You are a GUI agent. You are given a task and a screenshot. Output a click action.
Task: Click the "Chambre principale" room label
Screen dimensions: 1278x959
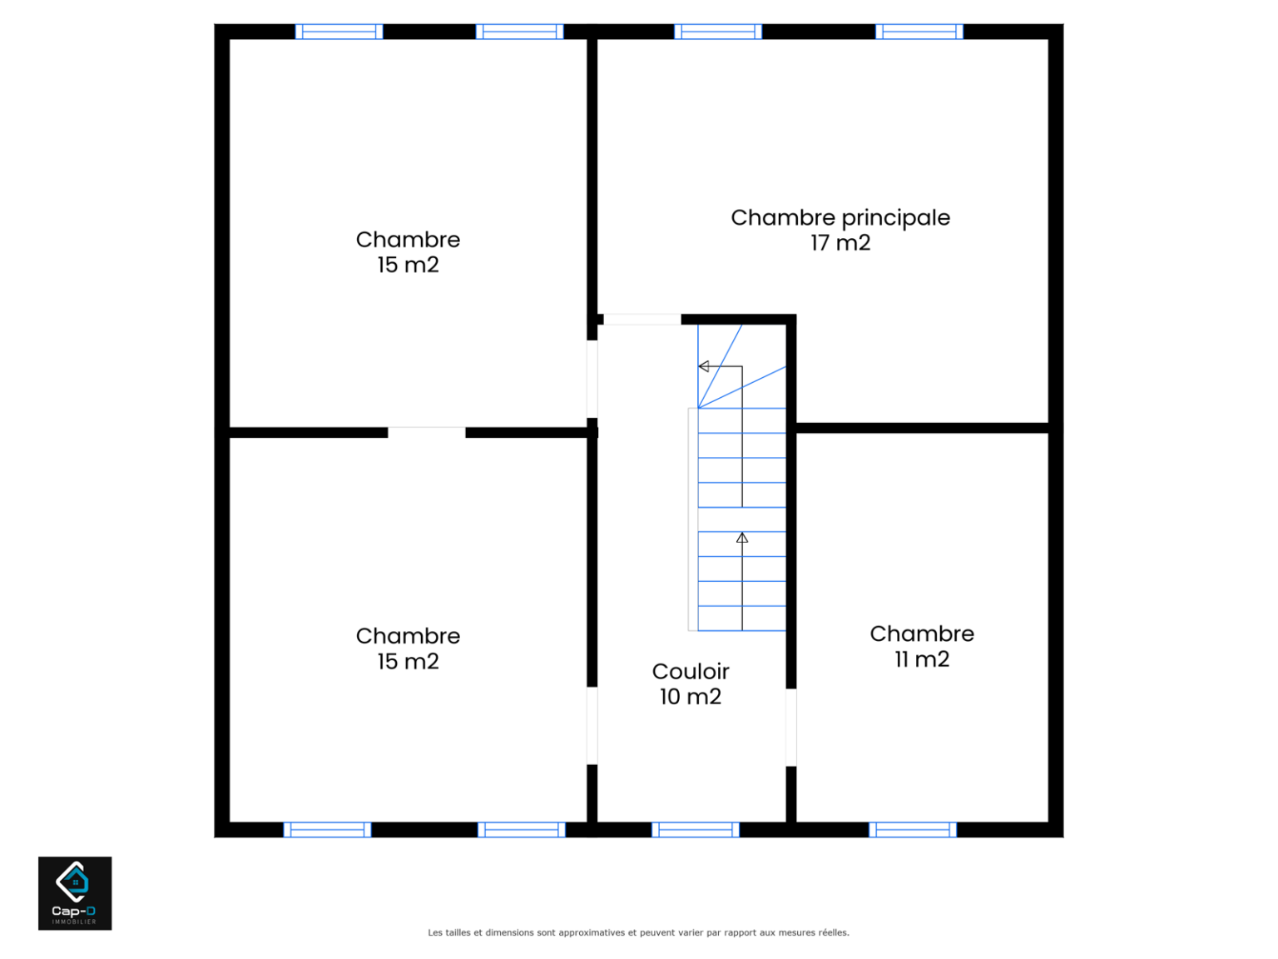[x=840, y=218]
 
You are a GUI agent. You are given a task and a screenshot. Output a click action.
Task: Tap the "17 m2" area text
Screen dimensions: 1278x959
[x=840, y=243]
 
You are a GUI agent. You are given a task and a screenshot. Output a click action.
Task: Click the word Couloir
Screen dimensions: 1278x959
[x=691, y=671]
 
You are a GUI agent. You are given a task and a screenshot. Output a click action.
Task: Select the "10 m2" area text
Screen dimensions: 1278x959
[x=691, y=697]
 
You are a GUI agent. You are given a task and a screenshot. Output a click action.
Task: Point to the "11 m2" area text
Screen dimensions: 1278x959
[x=922, y=659]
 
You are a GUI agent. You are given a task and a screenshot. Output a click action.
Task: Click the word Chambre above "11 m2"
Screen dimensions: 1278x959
[x=922, y=634]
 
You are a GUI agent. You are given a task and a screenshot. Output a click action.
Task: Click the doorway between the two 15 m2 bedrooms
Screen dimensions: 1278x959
[x=427, y=433]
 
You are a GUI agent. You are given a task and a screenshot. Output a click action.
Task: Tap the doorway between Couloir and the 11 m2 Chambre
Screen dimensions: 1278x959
[x=791, y=728]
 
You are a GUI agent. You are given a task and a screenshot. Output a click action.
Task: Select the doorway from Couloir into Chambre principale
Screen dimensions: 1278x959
[x=642, y=320]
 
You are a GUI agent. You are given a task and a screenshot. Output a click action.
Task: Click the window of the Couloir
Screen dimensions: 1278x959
[x=696, y=830]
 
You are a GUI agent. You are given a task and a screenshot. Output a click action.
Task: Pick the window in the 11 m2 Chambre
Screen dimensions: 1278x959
[x=913, y=830]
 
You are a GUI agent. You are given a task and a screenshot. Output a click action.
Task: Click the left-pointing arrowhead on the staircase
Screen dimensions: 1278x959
[x=703, y=366]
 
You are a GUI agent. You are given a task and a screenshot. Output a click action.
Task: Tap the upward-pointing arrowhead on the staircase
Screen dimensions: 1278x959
[x=742, y=538]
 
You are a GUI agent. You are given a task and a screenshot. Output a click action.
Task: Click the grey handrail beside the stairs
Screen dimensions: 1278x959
[x=693, y=519]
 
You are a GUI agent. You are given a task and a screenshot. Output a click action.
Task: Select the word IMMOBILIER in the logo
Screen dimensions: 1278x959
[x=75, y=922]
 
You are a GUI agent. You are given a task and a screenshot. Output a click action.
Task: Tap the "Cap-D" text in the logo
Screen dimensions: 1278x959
[x=74, y=911]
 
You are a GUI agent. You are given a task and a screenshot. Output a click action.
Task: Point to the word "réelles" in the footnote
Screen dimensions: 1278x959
[x=833, y=932]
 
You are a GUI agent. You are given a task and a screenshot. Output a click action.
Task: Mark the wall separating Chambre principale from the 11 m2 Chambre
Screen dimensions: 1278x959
[x=922, y=428]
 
